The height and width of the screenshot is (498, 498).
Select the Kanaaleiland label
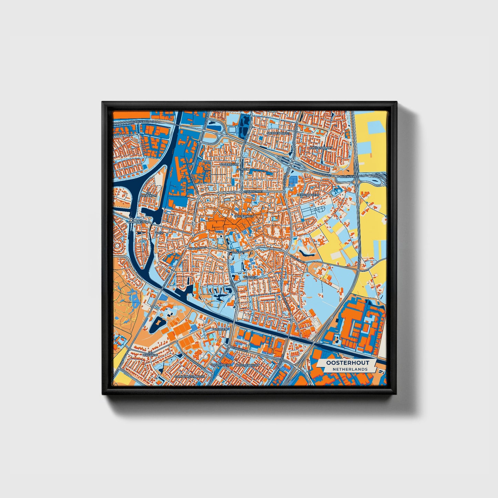tap(139, 222)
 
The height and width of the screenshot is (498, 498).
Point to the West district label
tap(160, 233)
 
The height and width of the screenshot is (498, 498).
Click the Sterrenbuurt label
tap(278, 132)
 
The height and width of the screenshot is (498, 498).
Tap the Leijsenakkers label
tap(308, 195)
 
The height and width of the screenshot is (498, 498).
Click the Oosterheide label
tap(221, 365)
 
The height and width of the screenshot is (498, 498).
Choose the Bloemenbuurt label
tap(247, 365)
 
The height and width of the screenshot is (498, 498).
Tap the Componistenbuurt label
tap(189, 376)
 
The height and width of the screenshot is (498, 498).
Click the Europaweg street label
tap(240, 349)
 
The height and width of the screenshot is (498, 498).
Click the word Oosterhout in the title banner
tap(347, 363)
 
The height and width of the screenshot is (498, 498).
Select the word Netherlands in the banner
tap(350, 369)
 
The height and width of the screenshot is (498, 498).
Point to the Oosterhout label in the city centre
tap(244, 216)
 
